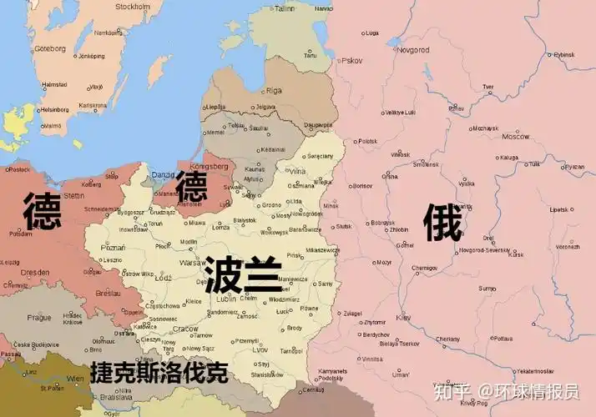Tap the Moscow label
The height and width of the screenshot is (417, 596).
point(516,136)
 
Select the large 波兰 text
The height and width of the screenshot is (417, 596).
point(242,273)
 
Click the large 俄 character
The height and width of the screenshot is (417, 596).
point(442,223)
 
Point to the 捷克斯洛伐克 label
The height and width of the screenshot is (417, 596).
point(159,373)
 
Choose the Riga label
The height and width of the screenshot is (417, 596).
point(274,90)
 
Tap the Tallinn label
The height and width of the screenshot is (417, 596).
point(285,8)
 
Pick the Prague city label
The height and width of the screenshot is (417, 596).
point(40,317)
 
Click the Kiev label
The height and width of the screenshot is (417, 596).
point(404,318)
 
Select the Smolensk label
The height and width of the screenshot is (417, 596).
point(426,164)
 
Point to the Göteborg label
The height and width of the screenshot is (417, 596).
point(50,48)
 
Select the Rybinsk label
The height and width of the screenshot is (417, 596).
point(564,55)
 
